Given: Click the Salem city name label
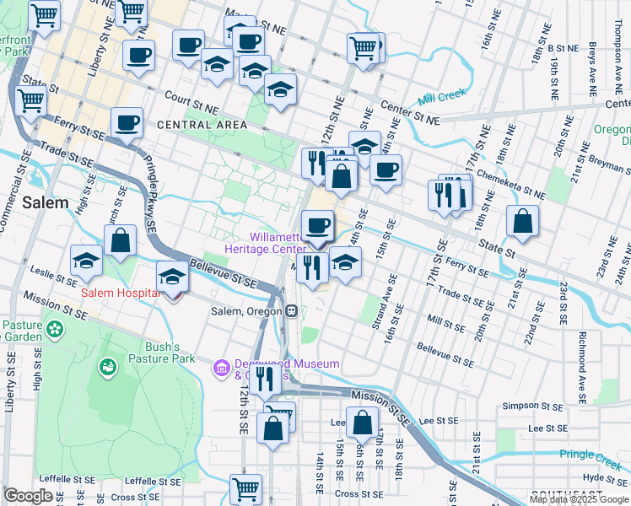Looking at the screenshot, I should (39, 202).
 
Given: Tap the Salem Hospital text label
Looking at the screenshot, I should (121, 293).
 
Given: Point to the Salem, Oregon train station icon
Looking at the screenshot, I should (290, 311).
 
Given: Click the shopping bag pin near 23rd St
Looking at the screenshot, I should (523, 221).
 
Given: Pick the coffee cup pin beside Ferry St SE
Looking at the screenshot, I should (127, 122).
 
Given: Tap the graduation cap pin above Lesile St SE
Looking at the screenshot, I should (87, 261).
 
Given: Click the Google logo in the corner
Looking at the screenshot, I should (28, 496).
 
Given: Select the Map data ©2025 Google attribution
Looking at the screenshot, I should (579, 499).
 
